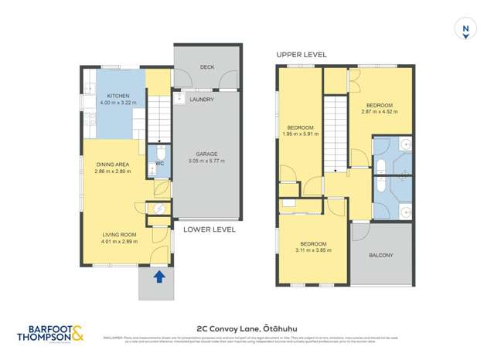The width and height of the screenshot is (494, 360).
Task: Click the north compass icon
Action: (465, 29)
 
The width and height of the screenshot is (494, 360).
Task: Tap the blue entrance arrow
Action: (159, 276)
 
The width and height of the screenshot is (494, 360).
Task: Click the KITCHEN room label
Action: (114, 95)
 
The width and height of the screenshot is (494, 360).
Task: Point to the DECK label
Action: (206, 67)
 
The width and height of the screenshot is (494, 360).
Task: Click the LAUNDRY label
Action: (202, 100)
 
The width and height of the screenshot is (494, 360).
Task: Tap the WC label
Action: (159, 163)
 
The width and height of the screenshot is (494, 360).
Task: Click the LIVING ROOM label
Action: (119, 234)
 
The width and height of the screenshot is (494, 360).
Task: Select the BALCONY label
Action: (380, 255)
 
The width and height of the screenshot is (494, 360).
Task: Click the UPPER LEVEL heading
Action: (302, 55)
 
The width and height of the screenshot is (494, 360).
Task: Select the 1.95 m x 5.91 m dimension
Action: (301, 134)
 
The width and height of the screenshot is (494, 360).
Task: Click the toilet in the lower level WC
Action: (159, 151)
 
